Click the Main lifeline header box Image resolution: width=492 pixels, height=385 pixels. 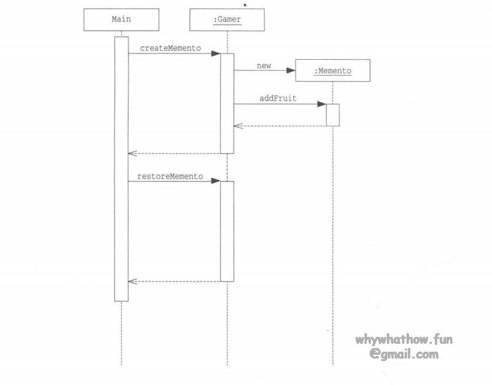click(x=121, y=19)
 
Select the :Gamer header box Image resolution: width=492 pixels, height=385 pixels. click(x=227, y=19)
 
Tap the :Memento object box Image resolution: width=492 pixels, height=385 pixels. click(x=333, y=71)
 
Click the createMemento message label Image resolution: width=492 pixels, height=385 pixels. click(x=170, y=47)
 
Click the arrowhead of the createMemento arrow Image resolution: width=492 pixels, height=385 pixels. click(x=216, y=54)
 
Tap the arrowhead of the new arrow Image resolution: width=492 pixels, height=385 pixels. click(x=291, y=70)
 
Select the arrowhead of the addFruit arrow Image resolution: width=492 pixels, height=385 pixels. click(x=322, y=104)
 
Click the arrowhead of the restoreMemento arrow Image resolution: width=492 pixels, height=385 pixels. click(x=216, y=181)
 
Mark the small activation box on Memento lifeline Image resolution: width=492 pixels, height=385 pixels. click(x=333, y=115)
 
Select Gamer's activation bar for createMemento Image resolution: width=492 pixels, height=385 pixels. click(x=227, y=103)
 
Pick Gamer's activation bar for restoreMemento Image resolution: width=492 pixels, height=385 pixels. click(x=227, y=231)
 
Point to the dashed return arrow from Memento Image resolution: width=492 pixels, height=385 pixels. click(x=280, y=126)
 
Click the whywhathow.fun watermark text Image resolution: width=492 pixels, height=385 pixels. click(x=404, y=339)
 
